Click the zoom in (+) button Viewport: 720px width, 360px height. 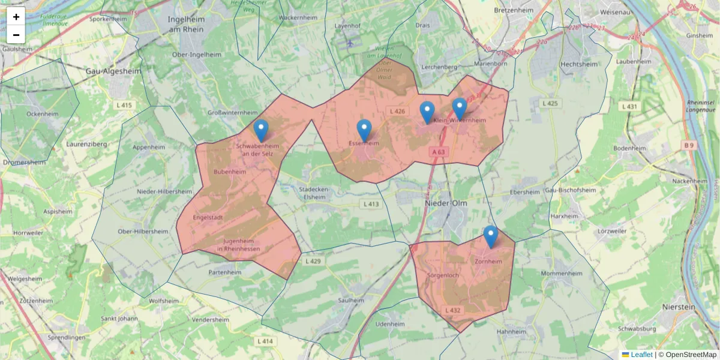tap(16, 16)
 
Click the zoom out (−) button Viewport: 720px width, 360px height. tap(16, 35)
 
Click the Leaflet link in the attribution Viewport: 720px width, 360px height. tap(641, 355)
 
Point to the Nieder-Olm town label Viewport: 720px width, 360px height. tap(445, 203)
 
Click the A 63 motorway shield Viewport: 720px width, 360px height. tap(439, 152)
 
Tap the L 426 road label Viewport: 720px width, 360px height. tap(397, 112)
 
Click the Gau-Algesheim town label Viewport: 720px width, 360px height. tap(113, 71)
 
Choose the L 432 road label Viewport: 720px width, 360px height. tap(453, 310)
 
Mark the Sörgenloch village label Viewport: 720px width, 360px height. tap(443, 275)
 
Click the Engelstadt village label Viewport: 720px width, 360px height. tap(208, 217)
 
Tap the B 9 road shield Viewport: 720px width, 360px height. tap(688, 145)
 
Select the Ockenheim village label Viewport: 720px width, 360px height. tap(43, 113)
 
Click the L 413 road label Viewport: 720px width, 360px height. tap(371, 204)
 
